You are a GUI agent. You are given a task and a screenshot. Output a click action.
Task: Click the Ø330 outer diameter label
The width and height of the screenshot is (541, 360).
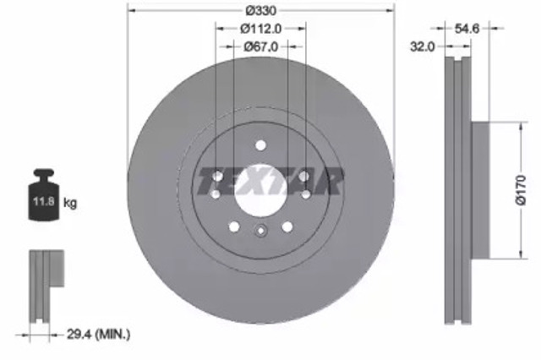coord(260,10)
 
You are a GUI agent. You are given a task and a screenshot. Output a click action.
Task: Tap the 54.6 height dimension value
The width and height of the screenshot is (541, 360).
coord(467,28)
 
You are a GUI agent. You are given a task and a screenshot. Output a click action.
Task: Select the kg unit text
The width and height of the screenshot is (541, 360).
coord(71,203)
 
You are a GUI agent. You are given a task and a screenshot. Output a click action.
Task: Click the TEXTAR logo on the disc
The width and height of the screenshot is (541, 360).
coord(270,178)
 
